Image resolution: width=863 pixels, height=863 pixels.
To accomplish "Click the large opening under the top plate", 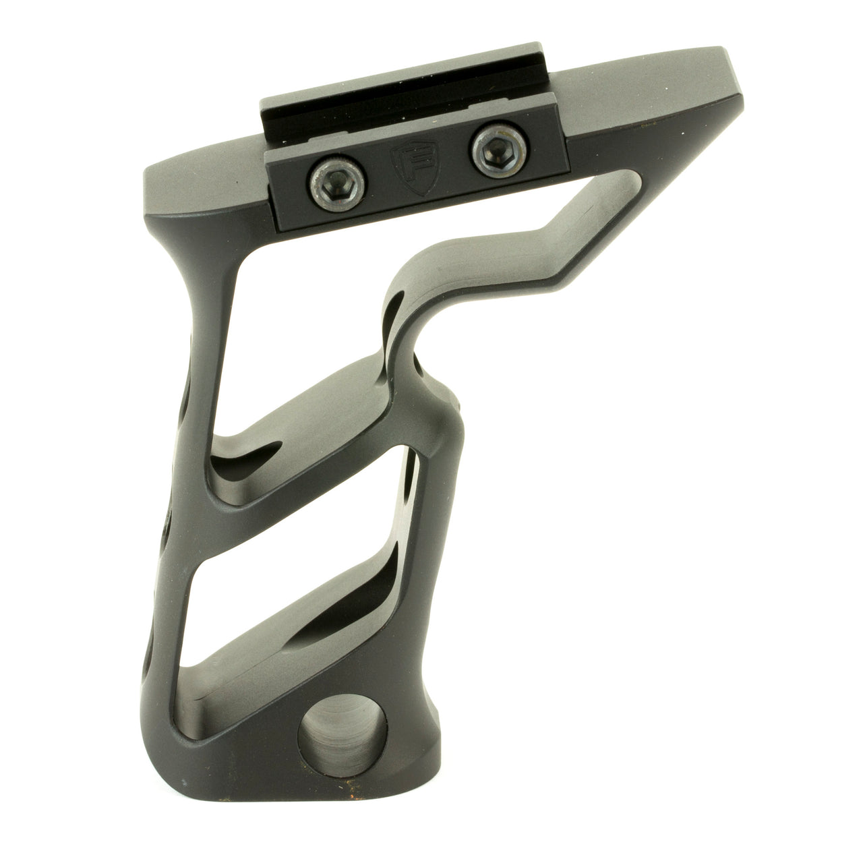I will (x=351, y=270).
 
